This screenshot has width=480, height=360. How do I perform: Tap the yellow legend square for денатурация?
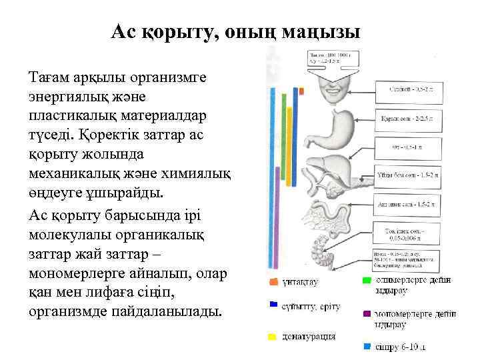click(272, 337)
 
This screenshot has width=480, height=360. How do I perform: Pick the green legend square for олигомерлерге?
click(367, 281)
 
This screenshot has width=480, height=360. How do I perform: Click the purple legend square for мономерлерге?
click(367, 313)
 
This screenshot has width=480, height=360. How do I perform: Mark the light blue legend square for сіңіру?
click(367, 347)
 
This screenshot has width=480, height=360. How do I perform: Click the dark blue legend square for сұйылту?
click(272, 304)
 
